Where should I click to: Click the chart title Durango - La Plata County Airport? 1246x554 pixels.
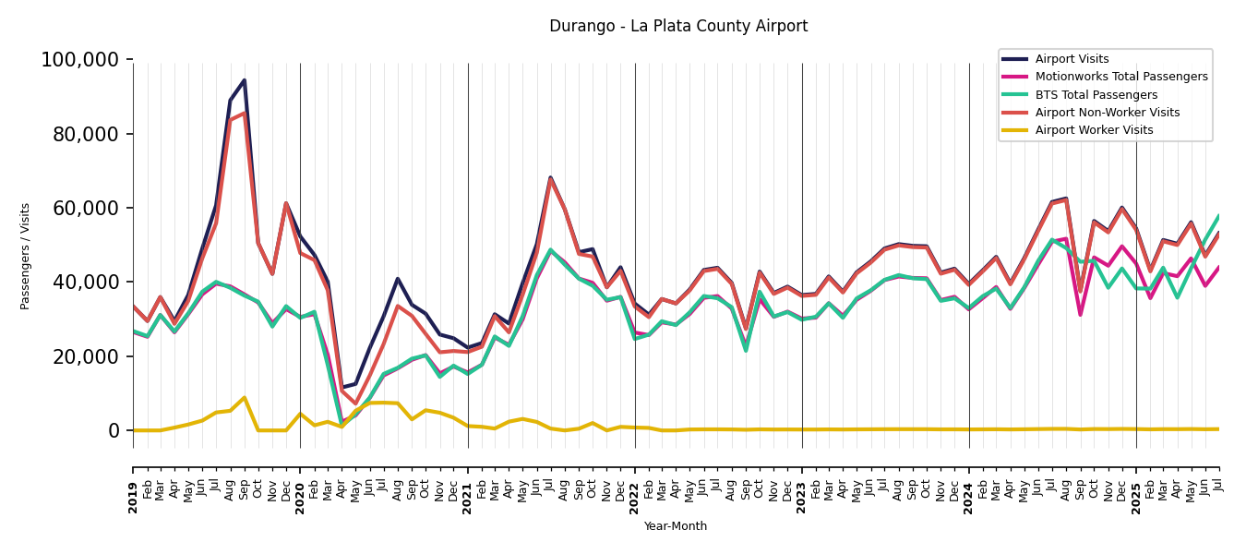pyautogui.click(x=678, y=27)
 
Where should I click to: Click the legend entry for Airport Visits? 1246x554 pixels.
pyautogui.click(x=1072, y=59)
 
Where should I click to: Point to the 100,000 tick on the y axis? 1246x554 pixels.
pyautogui.click(x=80, y=61)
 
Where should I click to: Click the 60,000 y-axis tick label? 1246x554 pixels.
pyautogui.click(x=85, y=209)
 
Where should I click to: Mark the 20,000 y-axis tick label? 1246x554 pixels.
pyautogui.click(x=85, y=356)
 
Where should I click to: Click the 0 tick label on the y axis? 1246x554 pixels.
pyautogui.click(x=114, y=431)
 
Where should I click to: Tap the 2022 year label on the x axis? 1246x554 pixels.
pyautogui.click(x=635, y=498)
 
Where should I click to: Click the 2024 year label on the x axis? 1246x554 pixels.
pyautogui.click(x=969, y=498)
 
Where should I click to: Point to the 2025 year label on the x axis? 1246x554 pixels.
pyautogui.click(x=1136, y=498)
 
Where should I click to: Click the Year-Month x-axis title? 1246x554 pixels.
pyautogui.click(x=676, y=526)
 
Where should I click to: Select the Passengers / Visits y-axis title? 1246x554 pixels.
pyautogui.click(x=26, y=256)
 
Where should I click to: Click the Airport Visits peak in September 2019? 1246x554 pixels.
pyautogui.click(x=245, y=80)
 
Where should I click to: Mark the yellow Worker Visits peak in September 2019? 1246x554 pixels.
pyautogui.click(x=245, y=398)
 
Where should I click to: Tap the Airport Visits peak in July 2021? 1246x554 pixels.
pyautogui.click(x=551, y=177)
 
